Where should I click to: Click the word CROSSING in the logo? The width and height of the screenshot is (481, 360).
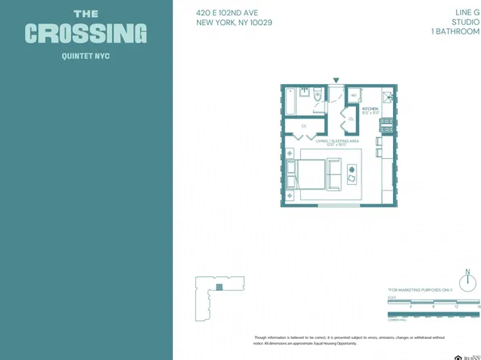[x=86, y=34]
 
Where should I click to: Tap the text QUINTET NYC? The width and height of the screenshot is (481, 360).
[x=86, y=57]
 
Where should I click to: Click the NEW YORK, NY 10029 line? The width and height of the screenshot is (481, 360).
[x=234, y=23]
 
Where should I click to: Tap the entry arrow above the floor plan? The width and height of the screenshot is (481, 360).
[x=337, y=80]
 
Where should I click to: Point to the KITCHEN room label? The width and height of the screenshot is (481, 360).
[x=370, y=108]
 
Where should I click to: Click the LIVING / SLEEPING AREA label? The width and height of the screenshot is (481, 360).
[x=337, y=140]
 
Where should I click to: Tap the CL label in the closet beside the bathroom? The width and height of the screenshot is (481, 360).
[x=303, y=126]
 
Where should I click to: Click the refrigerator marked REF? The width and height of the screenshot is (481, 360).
[x=353, y=95]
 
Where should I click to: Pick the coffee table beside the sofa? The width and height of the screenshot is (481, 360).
[x=352, y=174]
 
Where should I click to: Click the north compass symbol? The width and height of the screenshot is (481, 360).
[x=466, y=276]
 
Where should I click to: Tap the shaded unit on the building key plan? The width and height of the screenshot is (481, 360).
[x=218, y=286]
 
